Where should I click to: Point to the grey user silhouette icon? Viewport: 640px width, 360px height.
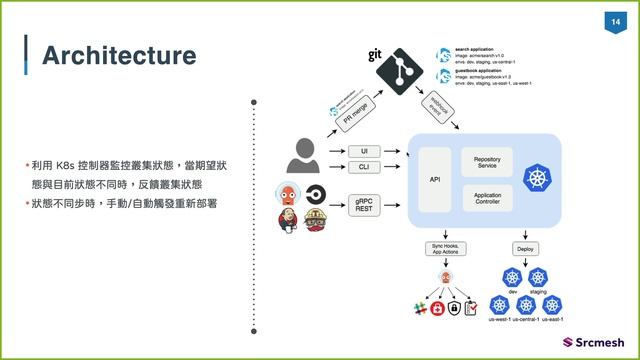(303, 155)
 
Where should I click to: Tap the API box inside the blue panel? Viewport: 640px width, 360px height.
(435, 179)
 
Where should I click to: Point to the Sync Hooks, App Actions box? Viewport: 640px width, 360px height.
(446, 249)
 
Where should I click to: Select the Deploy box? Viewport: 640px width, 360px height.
(525, 248)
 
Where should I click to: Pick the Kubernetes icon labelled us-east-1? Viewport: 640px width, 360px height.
(551, 304)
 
